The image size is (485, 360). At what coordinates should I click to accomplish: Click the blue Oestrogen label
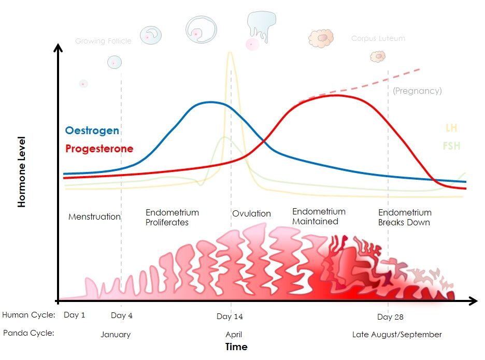[x=92, y=131]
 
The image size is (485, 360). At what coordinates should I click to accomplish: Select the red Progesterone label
[x=99, y=149]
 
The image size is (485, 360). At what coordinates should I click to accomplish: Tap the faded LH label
[x=451, y=128]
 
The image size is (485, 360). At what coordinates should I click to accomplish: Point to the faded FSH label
[x=451, y=146]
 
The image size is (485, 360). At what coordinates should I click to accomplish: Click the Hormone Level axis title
[x=21, y=172]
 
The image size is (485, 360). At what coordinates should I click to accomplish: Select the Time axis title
[x=236, y=347]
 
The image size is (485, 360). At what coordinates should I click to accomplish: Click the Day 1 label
[x=74, y=315]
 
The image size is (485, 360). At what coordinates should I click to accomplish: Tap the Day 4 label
[x=122, y=315]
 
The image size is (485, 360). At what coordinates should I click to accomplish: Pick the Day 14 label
[x=230, y=316]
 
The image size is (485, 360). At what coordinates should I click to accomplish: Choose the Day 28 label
[x=390, y=316]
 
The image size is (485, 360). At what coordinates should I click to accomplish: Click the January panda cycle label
[x=116, y=335]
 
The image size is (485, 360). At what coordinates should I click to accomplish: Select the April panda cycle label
[x=234, y=335]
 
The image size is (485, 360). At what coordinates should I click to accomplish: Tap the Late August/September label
[x=397, y=335]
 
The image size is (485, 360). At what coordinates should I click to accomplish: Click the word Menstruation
[x=94, y=217]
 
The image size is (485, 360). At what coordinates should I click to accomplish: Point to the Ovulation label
[x=251, y=213]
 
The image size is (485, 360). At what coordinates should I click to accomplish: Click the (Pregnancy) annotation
[x=417, y=91]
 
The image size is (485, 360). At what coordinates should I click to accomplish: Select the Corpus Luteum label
[x=378, y=38]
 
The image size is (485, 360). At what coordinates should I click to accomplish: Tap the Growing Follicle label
[x=103, y=41]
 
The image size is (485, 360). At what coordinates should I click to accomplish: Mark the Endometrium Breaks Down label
[x=405, y=218]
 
